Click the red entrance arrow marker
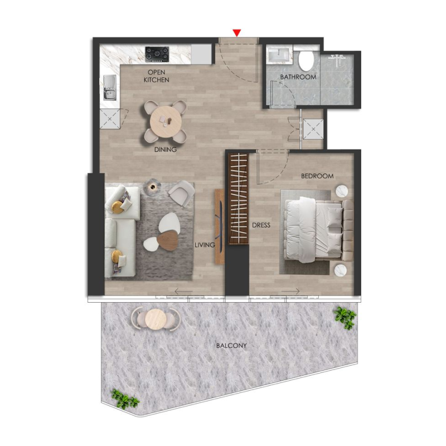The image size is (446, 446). pos(237,33)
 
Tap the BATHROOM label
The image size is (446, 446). pos(298,77)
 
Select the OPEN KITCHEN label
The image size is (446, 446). pos(156,76)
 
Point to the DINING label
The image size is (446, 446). pos(166,149)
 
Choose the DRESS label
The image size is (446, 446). pos(261,226)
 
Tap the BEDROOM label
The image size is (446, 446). pos(317,176)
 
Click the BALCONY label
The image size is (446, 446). pos(231,346)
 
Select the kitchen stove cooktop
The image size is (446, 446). pos(157,54)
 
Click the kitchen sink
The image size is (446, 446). pos(109,88)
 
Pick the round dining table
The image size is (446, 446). pos(166,118)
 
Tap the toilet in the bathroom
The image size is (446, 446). pos(306,59)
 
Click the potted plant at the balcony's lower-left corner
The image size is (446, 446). pos(125,398)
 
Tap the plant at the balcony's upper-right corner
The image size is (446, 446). pos(344,316)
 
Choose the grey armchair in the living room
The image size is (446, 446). pos(180,193)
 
